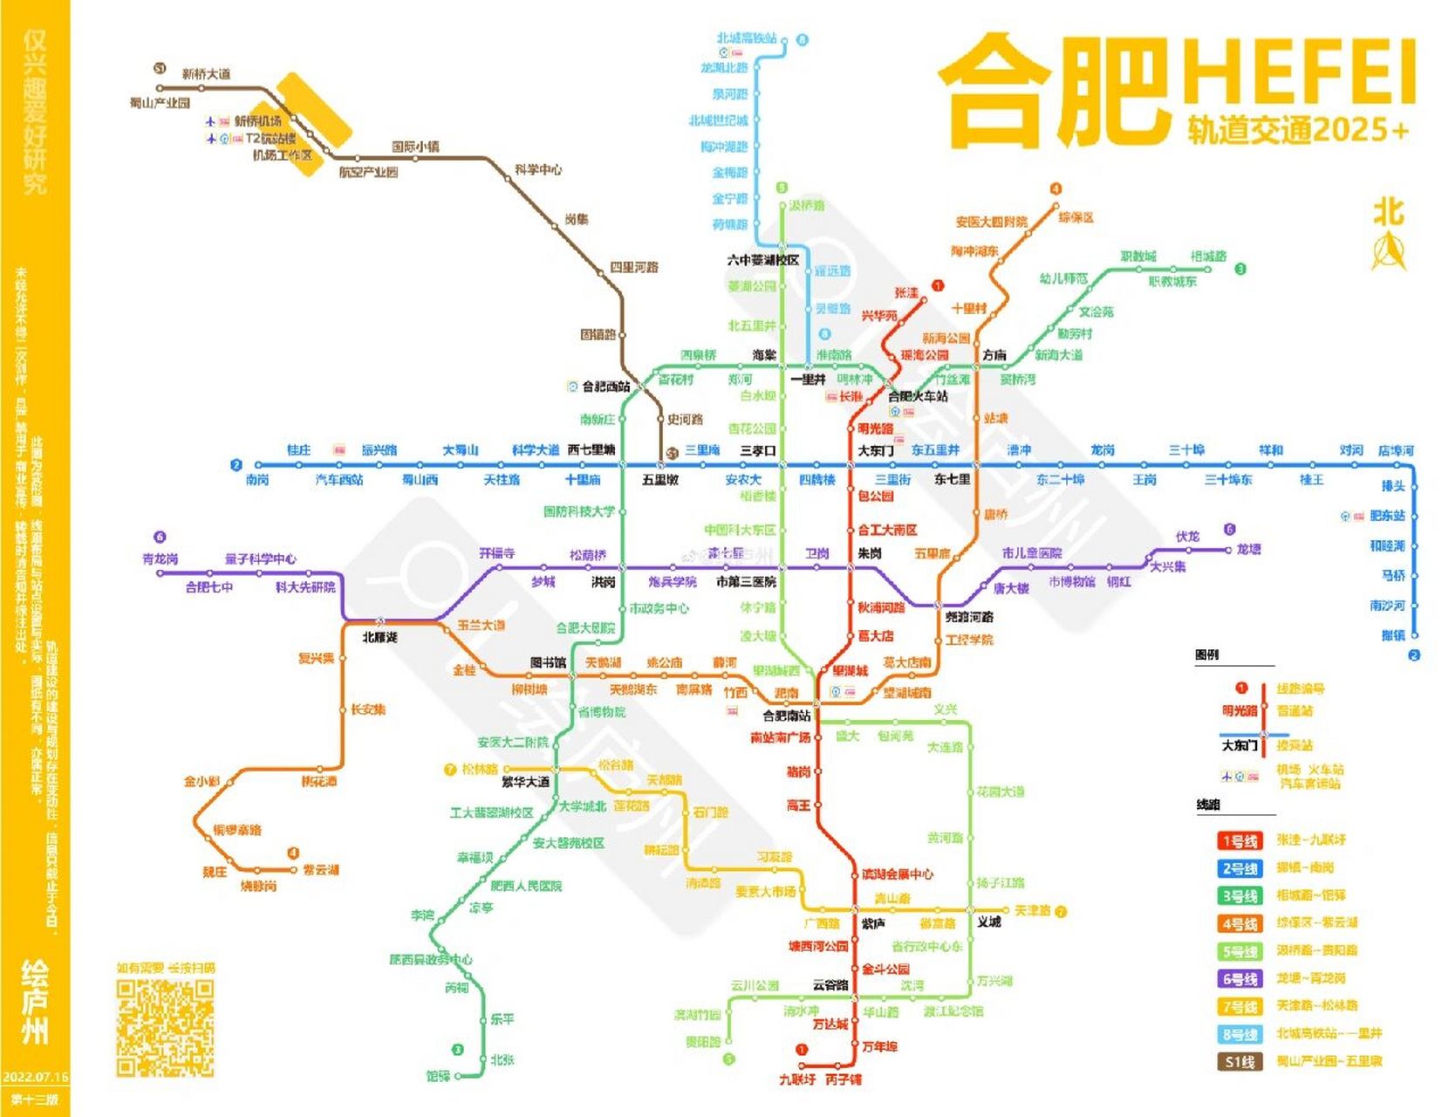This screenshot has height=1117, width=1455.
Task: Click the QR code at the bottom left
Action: click(x=165, y=1027)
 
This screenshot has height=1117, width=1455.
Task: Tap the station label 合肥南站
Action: click(x=786, y=716)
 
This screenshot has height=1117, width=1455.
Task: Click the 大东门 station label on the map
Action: click(x=875, y=451)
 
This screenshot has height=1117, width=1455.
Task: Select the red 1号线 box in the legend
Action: click(x=1239, y=841)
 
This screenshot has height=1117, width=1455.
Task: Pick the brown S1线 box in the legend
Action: click(x=1239, y=1062)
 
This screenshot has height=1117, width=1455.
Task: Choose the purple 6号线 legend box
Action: click(x=1239, y=979)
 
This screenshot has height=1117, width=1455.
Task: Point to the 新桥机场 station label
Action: click(x=257, y=121)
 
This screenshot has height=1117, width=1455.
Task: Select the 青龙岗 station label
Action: click(x=160, y=559)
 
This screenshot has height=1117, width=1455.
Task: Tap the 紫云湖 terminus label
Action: click(x=320, y=870)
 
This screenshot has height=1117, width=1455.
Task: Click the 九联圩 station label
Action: click(x=797, y=1079)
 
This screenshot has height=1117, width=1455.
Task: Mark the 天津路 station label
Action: click(x=1032, y=911)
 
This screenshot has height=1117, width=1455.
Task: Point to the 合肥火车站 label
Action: click(x=918, y=396)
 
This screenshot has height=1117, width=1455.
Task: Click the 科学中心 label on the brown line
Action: click(x=537, y=169)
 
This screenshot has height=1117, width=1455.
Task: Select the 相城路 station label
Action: click(x=1208, y=257)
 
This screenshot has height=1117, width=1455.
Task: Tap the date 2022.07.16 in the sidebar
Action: click(x=35, y=1077)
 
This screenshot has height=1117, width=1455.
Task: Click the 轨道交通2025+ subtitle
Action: click(x=1297, y=131)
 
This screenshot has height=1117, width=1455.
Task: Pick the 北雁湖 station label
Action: click(x=379, y=638)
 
